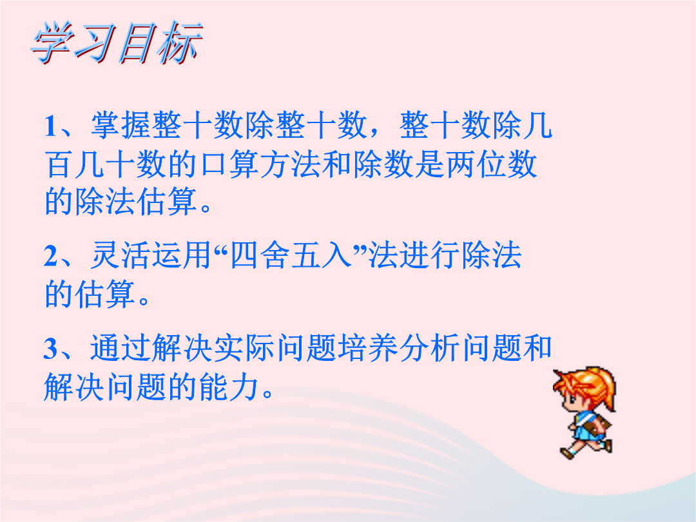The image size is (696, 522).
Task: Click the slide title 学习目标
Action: tap(117, 43)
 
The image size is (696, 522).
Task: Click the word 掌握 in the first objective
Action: tap(121, 125)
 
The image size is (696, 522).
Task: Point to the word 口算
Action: tap(230, 165)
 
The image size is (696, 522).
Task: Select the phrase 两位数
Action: tap(491, 165)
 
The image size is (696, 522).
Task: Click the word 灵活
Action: tap(120, 256)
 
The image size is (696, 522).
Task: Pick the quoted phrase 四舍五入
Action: tap(291, 256)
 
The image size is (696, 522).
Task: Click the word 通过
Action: tap(120, 347)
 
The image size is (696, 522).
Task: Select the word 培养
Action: tap(367, 347)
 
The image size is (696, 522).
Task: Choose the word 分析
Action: tap(429, 347)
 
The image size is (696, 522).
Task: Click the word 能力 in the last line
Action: tap(229, 386)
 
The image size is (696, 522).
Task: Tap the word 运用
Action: tap(182, 256)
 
